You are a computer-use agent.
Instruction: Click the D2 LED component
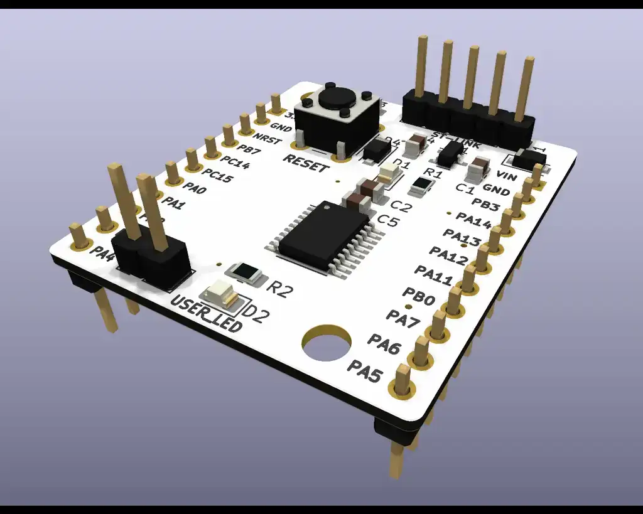click(220, 293)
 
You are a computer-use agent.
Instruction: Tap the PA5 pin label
click(365, 372)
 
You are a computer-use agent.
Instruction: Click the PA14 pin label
click(473, 221)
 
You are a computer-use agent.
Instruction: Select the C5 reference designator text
click(387, 220)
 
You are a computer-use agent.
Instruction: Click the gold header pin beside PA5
click(402, 380)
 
